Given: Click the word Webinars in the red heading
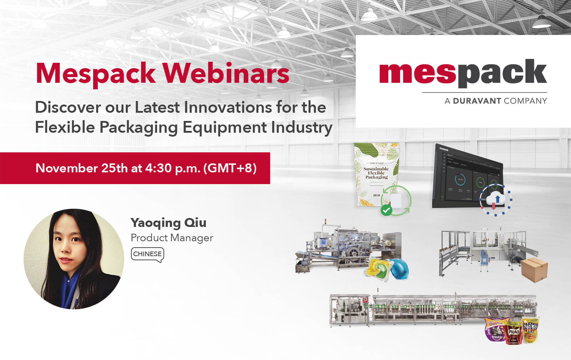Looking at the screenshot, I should click(226, 73).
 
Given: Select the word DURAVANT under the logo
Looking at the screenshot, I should click(477, 101).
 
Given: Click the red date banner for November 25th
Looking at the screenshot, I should click(135, 168).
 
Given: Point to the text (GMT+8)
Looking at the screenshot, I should click(230, 168).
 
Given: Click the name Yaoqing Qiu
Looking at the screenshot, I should click(168, 223).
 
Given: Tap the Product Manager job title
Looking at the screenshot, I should click(172, 238).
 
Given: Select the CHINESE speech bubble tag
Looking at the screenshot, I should click(147, 254).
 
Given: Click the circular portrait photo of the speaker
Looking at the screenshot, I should click(74, 259).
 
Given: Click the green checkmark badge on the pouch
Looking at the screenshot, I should click(386, 211).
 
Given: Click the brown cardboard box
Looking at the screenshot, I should click(534, 269).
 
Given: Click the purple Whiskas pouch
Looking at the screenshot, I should click(495, 330).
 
